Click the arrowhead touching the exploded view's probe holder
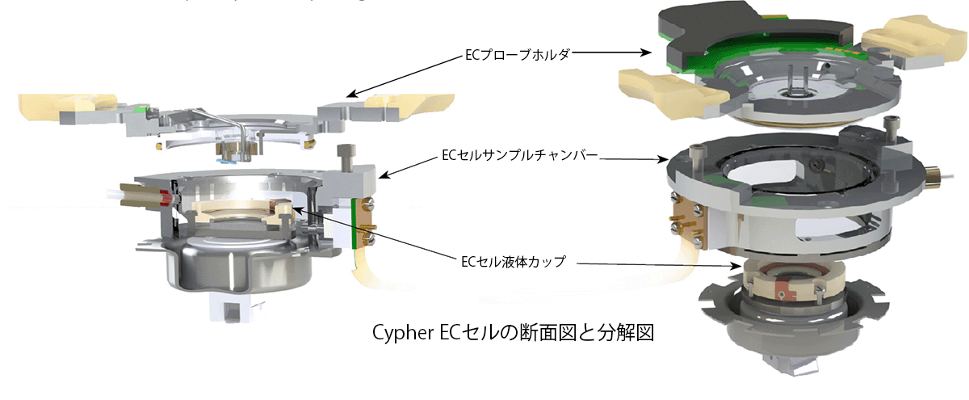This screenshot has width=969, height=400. tap(655, 53)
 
